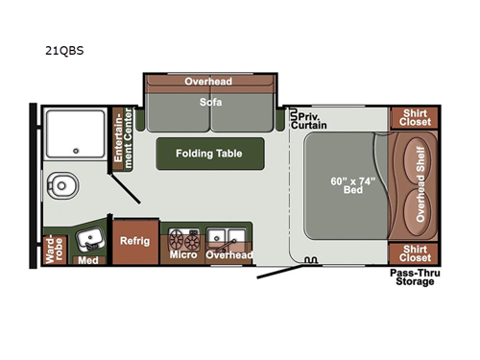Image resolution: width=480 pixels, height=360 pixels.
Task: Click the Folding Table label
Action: coord(208,153)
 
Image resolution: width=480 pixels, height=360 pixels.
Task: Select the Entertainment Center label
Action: coord(122,139)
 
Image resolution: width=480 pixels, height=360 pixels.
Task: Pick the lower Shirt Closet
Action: coord(414,253)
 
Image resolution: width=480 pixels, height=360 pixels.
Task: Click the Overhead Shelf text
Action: coord(420,185)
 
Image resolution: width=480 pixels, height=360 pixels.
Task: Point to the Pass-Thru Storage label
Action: coord(414,277)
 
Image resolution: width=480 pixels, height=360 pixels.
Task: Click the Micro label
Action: coord(182,254)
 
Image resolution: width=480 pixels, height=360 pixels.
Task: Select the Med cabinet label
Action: coord(89,259)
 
